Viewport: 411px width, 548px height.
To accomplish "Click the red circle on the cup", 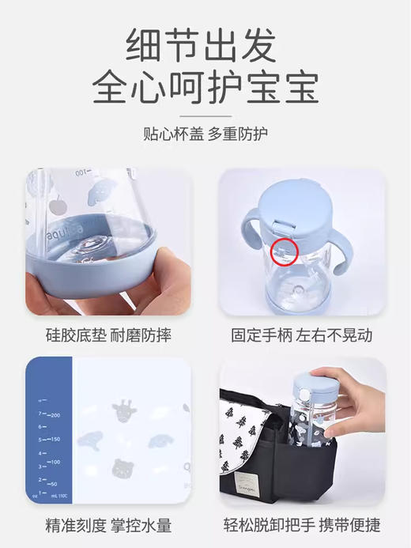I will tap(285, 252).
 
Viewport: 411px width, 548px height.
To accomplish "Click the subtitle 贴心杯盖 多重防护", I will tap(205, 132).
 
